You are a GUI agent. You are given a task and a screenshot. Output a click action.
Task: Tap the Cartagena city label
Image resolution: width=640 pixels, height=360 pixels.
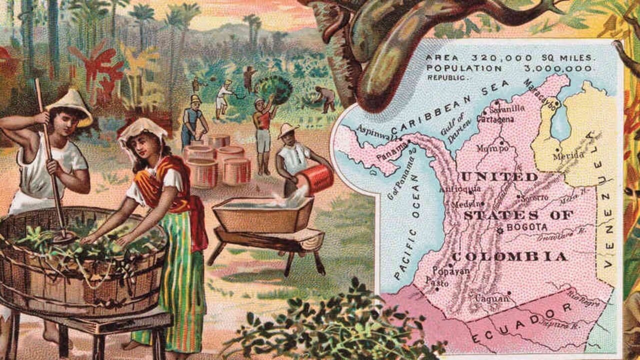tap(495, 119)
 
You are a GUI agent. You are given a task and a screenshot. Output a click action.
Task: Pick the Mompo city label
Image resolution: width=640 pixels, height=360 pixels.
tap(492, 148)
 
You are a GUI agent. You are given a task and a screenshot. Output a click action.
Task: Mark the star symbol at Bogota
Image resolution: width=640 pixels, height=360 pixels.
tap(499, 230)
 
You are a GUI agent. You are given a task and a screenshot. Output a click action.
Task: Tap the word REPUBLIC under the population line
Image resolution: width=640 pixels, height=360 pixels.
tap(448, 78)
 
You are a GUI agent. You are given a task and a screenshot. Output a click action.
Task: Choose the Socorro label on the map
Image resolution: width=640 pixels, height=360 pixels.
tap(534, 197)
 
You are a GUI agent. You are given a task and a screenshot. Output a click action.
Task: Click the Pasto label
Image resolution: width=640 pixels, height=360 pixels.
tap(436, 283)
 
